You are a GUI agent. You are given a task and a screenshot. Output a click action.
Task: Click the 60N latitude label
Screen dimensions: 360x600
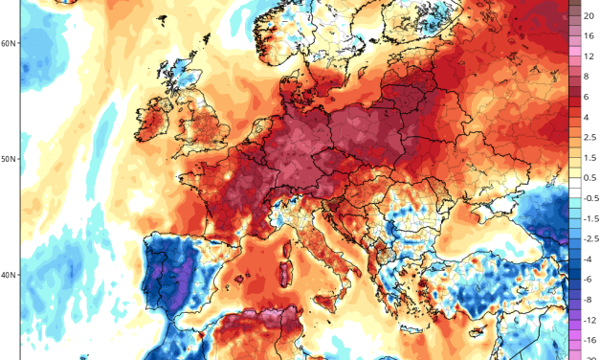tap(9, 43)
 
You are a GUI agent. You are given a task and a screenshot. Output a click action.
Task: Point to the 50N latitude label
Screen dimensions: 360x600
tap(9, 158)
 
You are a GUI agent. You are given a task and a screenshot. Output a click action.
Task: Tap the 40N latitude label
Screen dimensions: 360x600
tap(9, 275)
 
